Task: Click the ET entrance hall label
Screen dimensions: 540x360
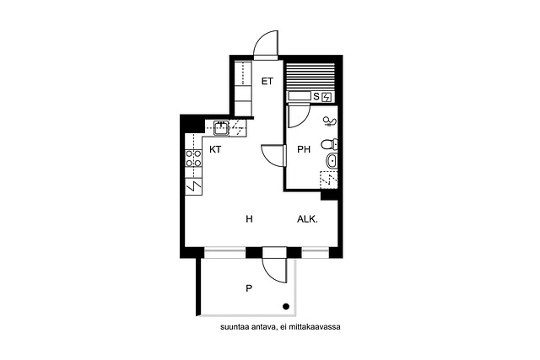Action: point(267,82)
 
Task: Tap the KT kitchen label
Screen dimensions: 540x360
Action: point(215,149)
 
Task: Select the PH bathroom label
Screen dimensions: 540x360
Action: point(304,149)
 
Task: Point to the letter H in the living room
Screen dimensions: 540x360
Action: point(250,219)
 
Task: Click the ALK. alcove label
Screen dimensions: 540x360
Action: point(307,219)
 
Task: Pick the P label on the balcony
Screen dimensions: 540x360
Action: point(249,288)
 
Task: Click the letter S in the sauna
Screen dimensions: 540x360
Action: point(316,97)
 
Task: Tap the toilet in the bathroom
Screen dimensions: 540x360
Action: point(329,144)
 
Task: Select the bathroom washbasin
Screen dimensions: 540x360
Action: point(332,160)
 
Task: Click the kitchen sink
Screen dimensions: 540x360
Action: point(221,128)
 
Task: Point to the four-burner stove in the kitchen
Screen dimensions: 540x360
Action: point(193,159)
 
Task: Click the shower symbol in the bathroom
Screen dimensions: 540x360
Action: point(330,121)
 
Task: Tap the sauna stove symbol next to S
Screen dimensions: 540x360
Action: point(327,98)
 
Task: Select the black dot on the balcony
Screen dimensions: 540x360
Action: point(286,307)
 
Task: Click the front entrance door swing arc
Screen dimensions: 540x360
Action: point(266,43)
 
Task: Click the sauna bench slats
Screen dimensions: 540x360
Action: point(310,77)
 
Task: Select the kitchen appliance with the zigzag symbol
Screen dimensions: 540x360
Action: point(193,186)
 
